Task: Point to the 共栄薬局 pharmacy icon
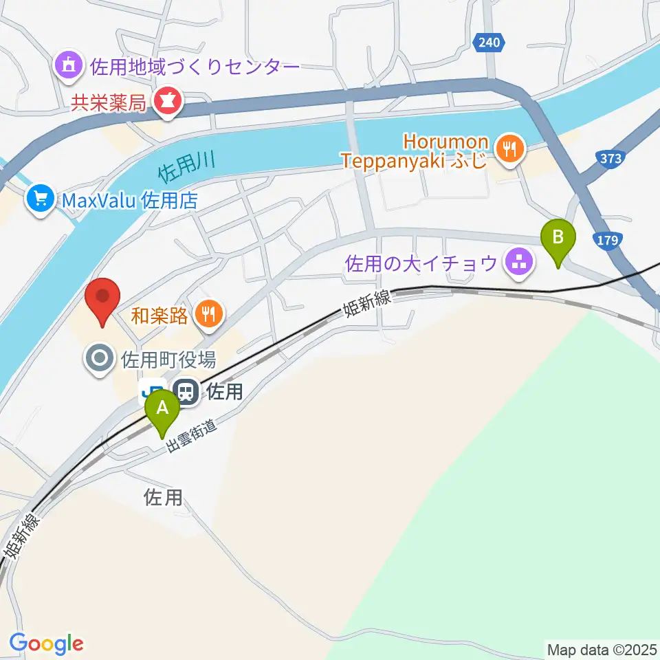166,103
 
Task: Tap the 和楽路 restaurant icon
208,315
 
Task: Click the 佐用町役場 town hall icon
100,358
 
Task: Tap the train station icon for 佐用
185,392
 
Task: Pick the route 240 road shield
489,43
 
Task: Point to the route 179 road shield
609,241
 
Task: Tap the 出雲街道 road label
192,436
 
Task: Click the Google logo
46,643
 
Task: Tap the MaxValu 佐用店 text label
129,201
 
